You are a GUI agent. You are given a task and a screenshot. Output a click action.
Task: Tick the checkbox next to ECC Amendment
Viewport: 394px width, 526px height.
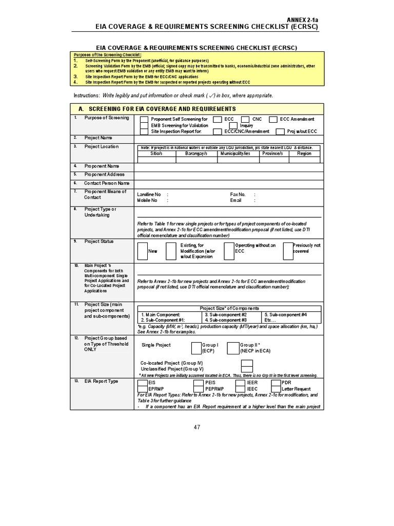pyautogui.click(x=273, y=119)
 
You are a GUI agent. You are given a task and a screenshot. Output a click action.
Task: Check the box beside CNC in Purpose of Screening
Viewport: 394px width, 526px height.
pyautogui.click(x=245, y=119)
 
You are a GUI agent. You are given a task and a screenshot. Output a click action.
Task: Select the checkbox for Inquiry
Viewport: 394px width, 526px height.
pyautogui.click(x=233, y=125)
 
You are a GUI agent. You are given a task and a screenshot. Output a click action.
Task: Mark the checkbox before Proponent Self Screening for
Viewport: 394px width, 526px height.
pyautogui.click(x=144, y=119)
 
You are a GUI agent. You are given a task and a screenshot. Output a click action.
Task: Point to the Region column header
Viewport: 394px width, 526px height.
pyautogui.click(x=304, y=154)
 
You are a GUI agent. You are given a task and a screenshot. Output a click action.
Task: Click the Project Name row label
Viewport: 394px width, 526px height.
pyautogui.click(x=98, y=138)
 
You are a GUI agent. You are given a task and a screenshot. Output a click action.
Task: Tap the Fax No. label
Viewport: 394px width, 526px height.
pyautogui.click(x=238, y=195)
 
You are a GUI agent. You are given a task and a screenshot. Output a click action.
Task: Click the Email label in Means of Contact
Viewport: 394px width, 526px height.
pyautogui.click(x=235, y=201)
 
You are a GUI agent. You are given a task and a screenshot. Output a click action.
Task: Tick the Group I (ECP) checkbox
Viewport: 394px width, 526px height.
pyautogui.click(x=196, y=348)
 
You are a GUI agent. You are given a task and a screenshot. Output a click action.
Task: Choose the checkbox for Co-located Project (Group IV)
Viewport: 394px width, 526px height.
pyautogui.click(x=247, y=363)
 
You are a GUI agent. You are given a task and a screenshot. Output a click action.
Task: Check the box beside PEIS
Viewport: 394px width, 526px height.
pyautogui.click(x=199, y=383)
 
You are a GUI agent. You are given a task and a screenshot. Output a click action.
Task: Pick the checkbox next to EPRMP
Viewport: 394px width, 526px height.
pyautogui.click(x=143, y=389)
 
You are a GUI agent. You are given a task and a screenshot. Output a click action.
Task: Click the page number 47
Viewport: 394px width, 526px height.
pyautogui.click(x=197, y=427)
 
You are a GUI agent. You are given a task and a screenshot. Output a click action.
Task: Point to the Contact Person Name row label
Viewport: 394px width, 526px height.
pyautogui.click(x=107, y=183)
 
